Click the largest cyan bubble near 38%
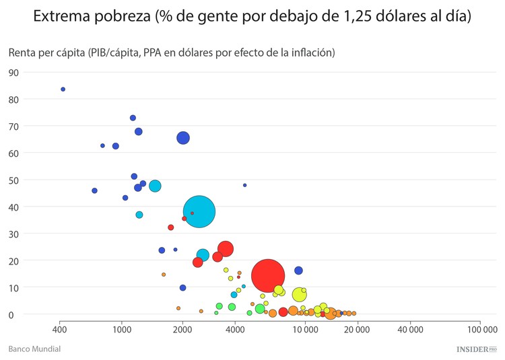[x=199, y=212]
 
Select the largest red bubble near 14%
[x=268, y=275]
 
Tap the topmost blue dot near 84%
[x=63, y=89]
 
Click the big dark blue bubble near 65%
[x=183, y=138]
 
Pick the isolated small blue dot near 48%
[x=244, y=185]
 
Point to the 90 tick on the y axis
[x=13, y=73]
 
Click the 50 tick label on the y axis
[x=13, y=180]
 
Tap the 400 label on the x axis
[x=60, y=330]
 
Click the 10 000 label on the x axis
[x=305, y=330]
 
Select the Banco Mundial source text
[x=34, y=349]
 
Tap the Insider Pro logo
[x=476, y=349]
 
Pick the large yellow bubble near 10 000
[x=300, y=294]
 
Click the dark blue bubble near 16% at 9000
[x=298, y=271]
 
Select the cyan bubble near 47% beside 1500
[x=155, y=186]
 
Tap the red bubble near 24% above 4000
[x=226, y=249]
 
